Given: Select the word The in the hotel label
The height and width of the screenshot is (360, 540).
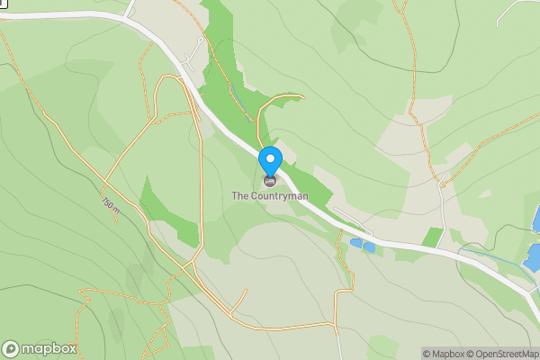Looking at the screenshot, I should (239, 195).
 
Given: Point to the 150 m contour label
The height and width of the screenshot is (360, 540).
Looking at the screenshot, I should (110, 205).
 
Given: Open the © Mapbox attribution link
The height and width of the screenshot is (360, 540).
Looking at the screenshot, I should (445, 354).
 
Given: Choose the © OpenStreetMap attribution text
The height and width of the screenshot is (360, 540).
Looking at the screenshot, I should (504, 354).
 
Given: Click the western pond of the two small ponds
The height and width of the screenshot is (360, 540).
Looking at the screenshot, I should (357, 243).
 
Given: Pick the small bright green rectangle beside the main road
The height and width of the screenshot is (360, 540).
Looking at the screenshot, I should (434, 238).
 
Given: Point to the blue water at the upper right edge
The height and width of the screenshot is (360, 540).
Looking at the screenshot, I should (536, 218).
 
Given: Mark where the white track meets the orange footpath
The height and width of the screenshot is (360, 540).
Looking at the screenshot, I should (441, 185).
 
